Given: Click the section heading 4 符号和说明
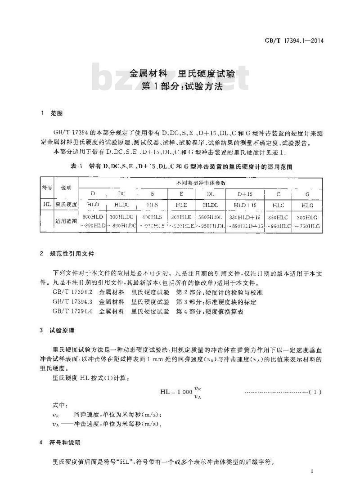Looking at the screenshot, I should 63,443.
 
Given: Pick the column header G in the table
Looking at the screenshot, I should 306,194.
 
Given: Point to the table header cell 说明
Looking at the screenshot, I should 66,188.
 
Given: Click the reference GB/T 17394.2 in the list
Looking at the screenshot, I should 72,292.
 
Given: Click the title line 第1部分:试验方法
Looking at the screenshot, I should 182,86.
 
